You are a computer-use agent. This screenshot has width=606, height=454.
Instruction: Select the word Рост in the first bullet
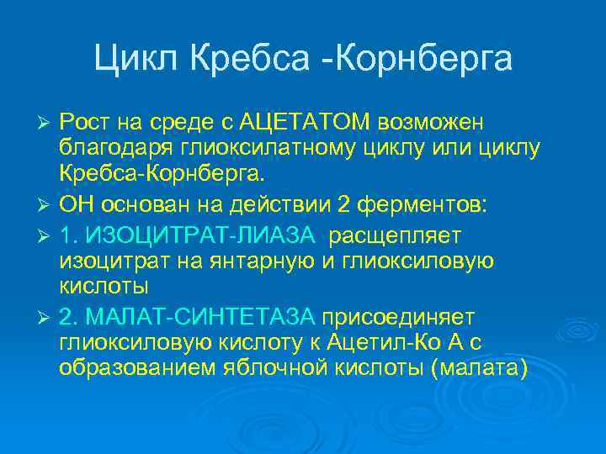(82, 124)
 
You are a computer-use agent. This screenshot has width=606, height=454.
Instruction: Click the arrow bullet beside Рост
(47, 124)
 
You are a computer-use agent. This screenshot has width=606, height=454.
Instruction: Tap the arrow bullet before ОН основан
(47, 205)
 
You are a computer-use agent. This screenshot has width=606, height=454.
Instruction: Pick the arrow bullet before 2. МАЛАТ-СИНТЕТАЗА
(47, 316)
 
